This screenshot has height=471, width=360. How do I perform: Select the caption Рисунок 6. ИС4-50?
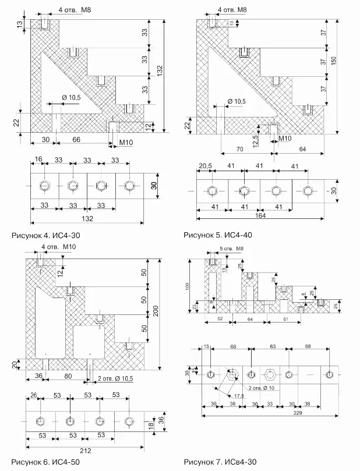pos(45,462)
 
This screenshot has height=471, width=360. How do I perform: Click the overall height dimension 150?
pos(334,62)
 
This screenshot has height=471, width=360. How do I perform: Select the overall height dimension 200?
pos(156,311)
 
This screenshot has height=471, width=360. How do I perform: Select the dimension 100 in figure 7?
pos(188,286)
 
